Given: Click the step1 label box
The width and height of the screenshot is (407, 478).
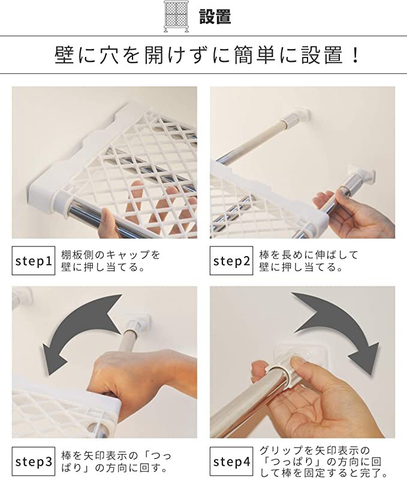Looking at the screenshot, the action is point(34,261).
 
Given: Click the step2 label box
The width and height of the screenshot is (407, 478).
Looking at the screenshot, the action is point(231,261).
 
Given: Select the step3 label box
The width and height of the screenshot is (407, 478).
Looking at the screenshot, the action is point(34,462).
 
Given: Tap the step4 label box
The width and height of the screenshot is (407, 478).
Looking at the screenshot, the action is point(231,462).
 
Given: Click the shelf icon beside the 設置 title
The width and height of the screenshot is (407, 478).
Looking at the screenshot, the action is point(176,16).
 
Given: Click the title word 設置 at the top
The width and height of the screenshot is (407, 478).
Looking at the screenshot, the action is point(215,16).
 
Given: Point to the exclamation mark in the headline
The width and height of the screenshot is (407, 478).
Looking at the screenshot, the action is point(355,55).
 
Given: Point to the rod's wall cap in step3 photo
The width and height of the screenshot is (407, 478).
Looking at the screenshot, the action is point(138,324).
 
